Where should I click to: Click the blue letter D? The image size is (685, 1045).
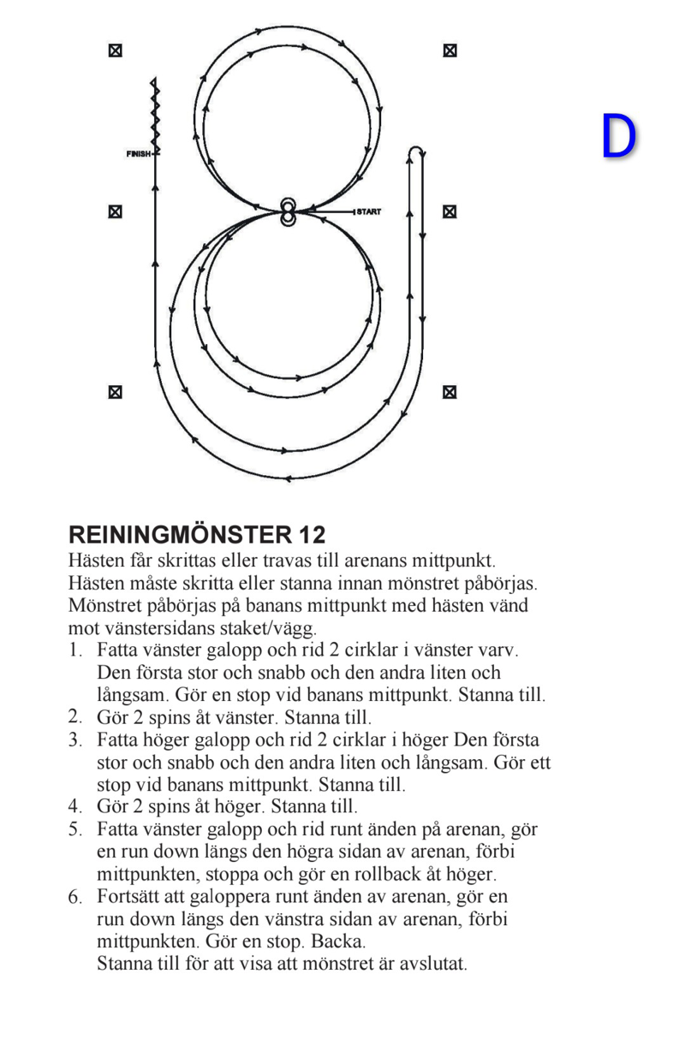618,137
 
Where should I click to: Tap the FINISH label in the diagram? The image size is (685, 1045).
139,154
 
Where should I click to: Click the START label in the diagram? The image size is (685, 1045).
368,211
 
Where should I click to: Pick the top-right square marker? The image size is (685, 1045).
450,50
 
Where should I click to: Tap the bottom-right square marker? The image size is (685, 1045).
450,392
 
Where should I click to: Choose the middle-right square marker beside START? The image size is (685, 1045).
450,211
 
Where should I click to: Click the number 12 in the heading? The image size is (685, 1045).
313,536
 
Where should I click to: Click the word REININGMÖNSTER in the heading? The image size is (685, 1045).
180,536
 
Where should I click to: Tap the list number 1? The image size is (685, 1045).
75,650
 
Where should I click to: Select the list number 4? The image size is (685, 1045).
75,806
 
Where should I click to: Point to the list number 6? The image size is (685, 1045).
75,897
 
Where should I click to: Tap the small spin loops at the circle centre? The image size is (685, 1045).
288,212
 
